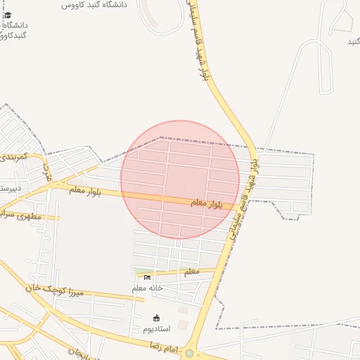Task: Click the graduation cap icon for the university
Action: point(8,15)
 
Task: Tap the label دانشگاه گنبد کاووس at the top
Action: point(94,4)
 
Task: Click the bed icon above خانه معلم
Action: point(147,277)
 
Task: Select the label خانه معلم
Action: point(148,288)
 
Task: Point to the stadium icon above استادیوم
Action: point(156,318)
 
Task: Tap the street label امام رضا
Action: point(161,345)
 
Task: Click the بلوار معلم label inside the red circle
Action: point(207,203)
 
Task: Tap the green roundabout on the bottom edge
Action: point(189,354)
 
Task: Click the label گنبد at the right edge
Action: point(354,42)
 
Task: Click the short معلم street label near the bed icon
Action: point(190,271)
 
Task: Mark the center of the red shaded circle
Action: point(180,179)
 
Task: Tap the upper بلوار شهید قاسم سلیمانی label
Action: point(199,42)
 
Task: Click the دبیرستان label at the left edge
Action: point(10,188)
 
